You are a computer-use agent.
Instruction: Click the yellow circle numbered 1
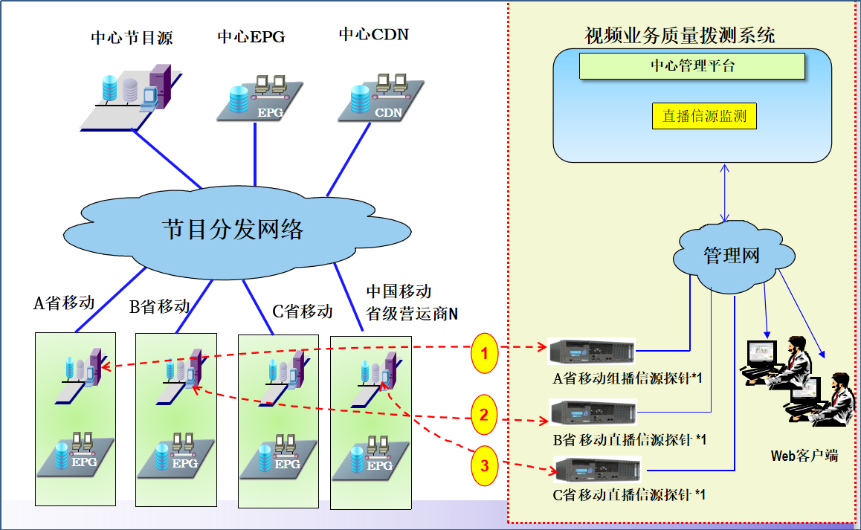pyautogui.click(x=485, y=354)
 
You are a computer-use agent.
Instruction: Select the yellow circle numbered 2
pyautogui.click(x=484, y=415)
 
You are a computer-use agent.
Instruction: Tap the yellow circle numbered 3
pyautogui.click(x=485, y=467)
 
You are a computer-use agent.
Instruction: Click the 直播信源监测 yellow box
pyautogui.click(x=704, y=116)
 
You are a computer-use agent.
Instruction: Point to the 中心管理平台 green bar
pyautogui.click(x=692, y=66)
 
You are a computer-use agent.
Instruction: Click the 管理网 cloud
pyautogui.click(x=731, y=256)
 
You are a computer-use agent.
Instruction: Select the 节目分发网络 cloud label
pyautogui.click(x=233, y=228)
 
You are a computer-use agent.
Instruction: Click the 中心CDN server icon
pyautogui.click(x=381, y=97)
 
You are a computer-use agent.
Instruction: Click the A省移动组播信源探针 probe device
pyautogui.click(x=591, y=350)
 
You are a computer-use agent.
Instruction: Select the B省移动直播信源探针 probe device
pyautogui.click(x=592, y=411)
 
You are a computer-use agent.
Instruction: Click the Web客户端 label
pyautogui.click(x=804, y=456)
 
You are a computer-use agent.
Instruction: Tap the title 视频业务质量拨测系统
pyautogui.click(x=680, y=35)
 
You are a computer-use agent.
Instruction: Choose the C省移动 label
pyautogui.click(x=302, y=311)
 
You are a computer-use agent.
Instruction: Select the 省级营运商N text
pyautogui.click(x=412, y=314)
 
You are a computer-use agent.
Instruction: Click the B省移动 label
pyautogui.click(x=159, y=306)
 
